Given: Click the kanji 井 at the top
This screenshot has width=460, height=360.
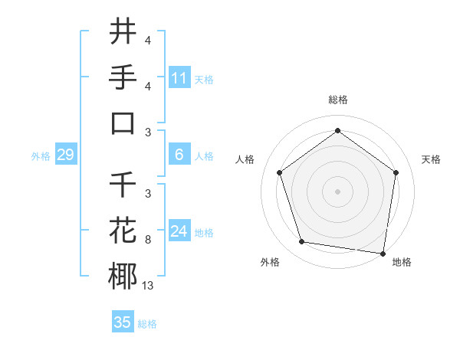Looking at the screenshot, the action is click(x=123, y=32).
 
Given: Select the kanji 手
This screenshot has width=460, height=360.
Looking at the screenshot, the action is click(x=123, y=77).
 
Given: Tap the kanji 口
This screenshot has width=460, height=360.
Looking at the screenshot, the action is click(x=123, y=123).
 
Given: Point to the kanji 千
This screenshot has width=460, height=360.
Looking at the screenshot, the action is click(x=123, y=185).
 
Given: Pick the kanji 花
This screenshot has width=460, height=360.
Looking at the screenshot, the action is click(x=123, y=231).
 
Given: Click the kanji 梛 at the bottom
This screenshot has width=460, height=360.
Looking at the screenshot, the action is click(x=123, y=277).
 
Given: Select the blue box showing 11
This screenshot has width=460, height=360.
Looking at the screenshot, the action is click(x=179, y=78).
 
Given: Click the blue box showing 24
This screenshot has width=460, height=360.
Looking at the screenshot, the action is click(x=179, y=232).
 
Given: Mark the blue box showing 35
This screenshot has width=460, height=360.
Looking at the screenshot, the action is click(x=123, y=322).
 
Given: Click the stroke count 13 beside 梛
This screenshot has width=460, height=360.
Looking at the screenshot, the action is click(x=148, y=285).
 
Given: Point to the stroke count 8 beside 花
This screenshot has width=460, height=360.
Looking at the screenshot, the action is click(x=148, y=239).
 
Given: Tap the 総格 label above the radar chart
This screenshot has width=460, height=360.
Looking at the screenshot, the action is click(x=337, y=100).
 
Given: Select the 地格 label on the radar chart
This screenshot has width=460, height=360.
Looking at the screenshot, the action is click(x=402, y=262).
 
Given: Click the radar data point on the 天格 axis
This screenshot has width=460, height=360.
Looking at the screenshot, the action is click(x=396, y=172).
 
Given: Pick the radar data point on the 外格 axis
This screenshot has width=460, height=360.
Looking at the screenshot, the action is click(x=302, y=242).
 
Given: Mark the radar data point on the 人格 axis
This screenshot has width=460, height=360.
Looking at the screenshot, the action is click(x=279, y=172).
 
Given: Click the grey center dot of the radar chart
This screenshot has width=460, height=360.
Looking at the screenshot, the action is click(x=337, y=191).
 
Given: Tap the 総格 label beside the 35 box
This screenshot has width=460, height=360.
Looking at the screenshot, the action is click(x=147, y=324).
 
